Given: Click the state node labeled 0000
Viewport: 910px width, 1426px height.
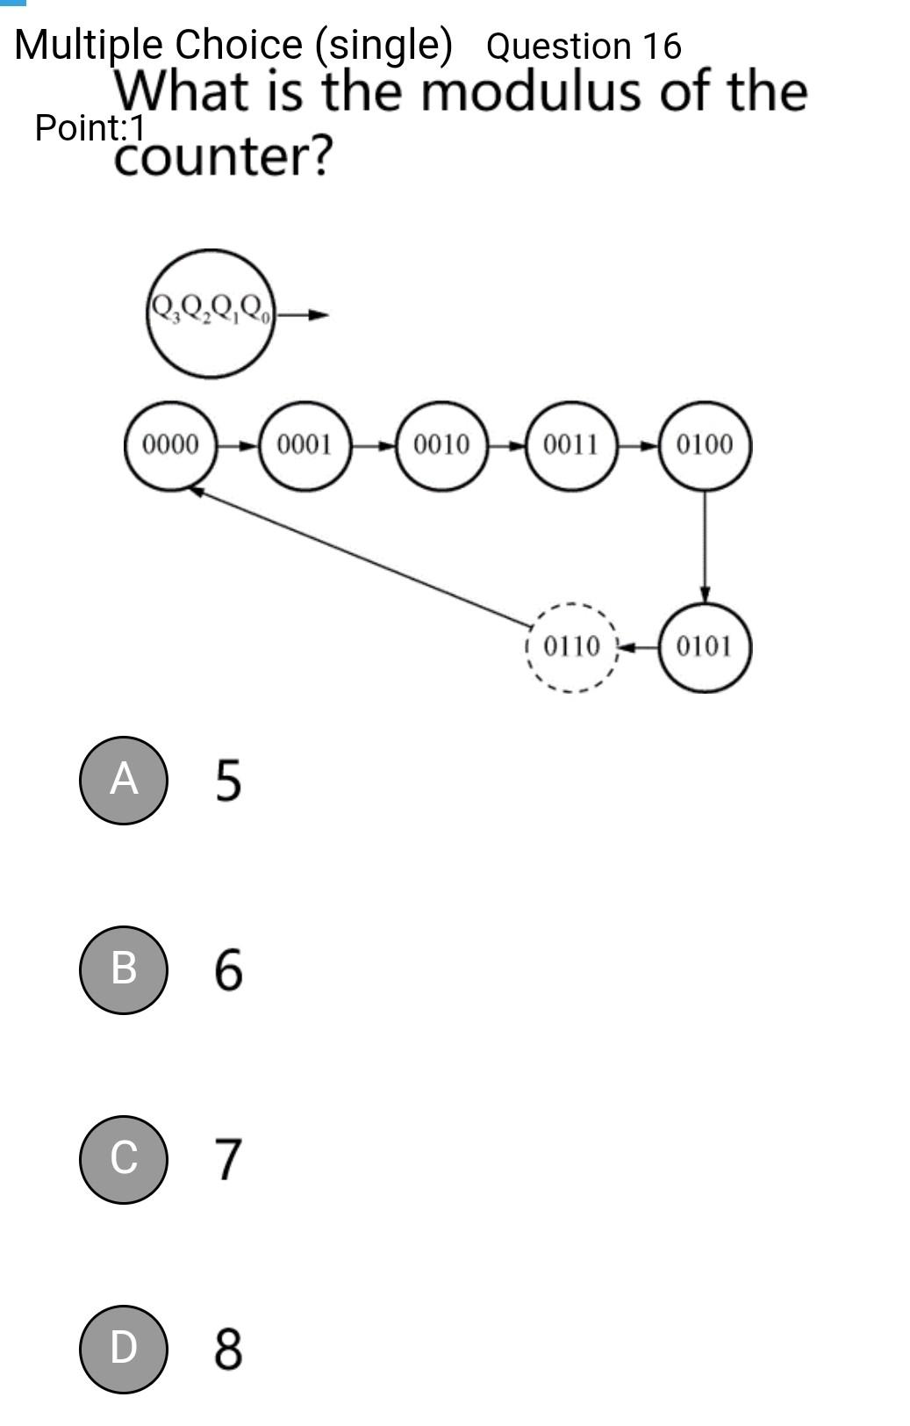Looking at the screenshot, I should point(170,445).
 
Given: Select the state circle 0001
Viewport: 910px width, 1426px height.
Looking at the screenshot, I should point(305,445).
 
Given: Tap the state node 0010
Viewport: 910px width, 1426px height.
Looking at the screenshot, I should point(441,445).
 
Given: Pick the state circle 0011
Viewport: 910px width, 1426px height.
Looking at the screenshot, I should point(571,445).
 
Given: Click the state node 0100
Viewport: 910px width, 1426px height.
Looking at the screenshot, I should point(705,445).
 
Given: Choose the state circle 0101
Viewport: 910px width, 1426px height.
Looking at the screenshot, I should point(705,648).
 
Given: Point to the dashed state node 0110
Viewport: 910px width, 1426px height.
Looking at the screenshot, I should point(572,648).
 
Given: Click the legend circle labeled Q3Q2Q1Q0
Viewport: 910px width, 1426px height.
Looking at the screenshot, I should point(211,313).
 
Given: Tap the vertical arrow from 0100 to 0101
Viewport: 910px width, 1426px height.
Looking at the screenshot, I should point(705,544).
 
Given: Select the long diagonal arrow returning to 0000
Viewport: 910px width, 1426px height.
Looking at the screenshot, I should point(360,557).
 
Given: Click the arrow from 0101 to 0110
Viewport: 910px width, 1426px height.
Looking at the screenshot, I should point(639,648).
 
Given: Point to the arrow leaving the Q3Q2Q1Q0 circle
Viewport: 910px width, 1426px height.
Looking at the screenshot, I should point(303,314).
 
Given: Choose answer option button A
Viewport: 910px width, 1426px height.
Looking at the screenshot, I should point(123,780).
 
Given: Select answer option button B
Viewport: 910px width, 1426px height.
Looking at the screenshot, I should point(123,969).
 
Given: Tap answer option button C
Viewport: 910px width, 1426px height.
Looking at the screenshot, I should point(123,1159).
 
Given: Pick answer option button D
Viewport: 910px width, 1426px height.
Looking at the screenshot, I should point(123,1349).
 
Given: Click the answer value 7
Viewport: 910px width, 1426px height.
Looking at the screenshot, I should point(227,1159).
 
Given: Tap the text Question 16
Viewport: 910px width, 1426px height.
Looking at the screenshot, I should point(584,47).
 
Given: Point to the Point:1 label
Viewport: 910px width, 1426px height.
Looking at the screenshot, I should point(90,128).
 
